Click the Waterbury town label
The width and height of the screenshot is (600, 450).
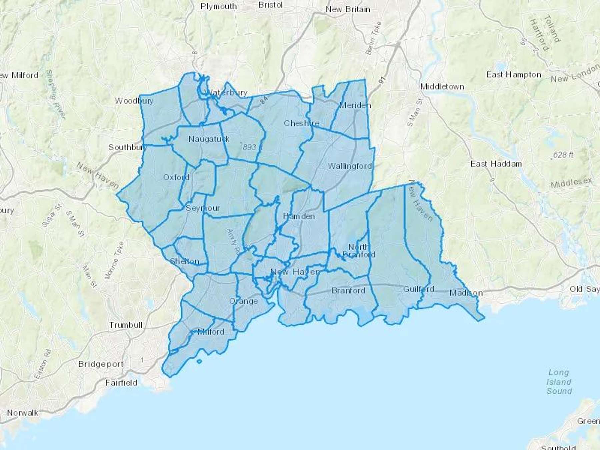pyautogui.click(x=227, y=93)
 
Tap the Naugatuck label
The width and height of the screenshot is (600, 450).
pyautogui.click(x=209, y=139)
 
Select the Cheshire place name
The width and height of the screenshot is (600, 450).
pyautogui.click(x=301, y=123)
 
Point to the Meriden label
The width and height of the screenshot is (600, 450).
pyautogui.click(x=355, y=105)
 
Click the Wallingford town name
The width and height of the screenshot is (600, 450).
pyautogui.click(x=350, y=166)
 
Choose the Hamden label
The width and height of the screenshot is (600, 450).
pyautogui.click(x=299, y=216)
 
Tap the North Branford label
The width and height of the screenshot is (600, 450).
pyautogui.click(x=359, y=251)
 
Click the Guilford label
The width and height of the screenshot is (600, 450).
pyautogui.click(x=419, y=289)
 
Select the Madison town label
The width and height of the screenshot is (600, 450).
pyautogui.click(x=466, y=293)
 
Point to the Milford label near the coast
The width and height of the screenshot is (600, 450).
pyautogui.click(x=211, y=332)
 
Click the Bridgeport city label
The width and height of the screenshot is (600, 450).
pyautogui.click(x=101, y=364)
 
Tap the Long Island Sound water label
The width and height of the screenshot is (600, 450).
pyautogui.click(x=559, y=382)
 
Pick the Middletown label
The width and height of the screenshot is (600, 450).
pyautogui.click(x=442, y=87)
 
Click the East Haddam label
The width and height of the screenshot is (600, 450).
pyautogui.click(x=496, y=164)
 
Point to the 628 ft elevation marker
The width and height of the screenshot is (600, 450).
pyautogui.click(x=563, y=155)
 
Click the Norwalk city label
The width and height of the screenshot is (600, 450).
pyautogui.click(x=23, y=413)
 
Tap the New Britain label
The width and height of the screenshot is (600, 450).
pyautogui.click(x=348, y=9)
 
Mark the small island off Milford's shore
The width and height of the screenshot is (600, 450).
pyautogui.click(x=199, y=361)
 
